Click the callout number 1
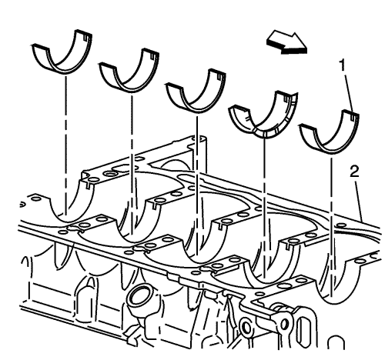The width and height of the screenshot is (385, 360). point(343,65)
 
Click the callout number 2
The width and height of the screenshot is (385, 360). point(354,172)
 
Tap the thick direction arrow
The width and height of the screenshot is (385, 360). point(287,43)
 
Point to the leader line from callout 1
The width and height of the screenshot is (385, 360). point(349,93)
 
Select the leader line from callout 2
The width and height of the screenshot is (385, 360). point(359,200)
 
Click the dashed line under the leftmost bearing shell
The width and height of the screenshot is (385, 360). point(65,145)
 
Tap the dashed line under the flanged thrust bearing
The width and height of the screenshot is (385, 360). point(265,208)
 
